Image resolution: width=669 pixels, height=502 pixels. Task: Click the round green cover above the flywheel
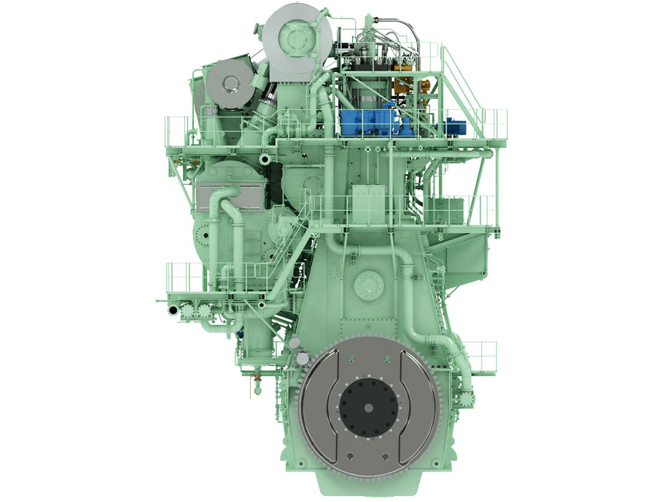pyautogui.click(x=368, y=284)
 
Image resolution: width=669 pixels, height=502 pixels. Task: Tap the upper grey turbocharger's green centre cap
pyautogui.click(x=295, y=37)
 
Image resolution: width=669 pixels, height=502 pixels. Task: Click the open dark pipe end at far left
pyautogui.click(x=173, y=311)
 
